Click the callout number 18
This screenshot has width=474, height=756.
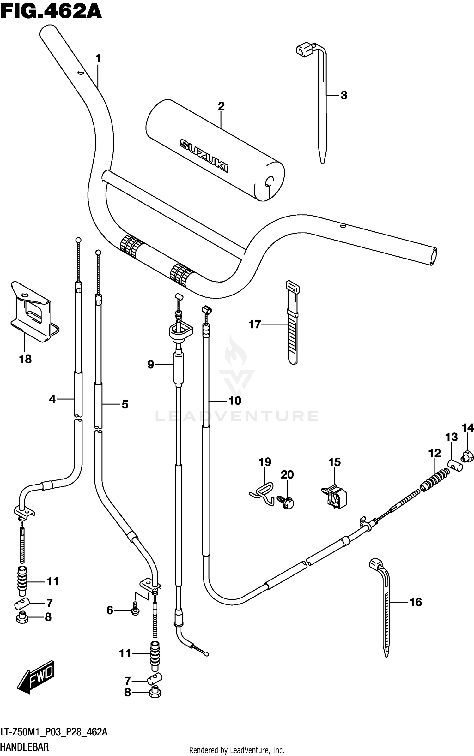[25, 359]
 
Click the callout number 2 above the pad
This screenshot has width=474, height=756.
[221, 106]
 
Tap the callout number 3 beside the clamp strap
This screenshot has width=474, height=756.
[344, 95]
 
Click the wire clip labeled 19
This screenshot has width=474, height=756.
[262, 493]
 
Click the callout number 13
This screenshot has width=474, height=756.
[451, 437]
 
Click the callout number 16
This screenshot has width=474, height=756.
[416, 602]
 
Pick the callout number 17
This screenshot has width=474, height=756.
[255, 324]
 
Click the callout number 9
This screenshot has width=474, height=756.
[151, 365]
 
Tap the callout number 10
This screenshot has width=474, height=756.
[235, 401]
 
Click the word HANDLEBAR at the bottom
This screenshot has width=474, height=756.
[25, 747]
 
